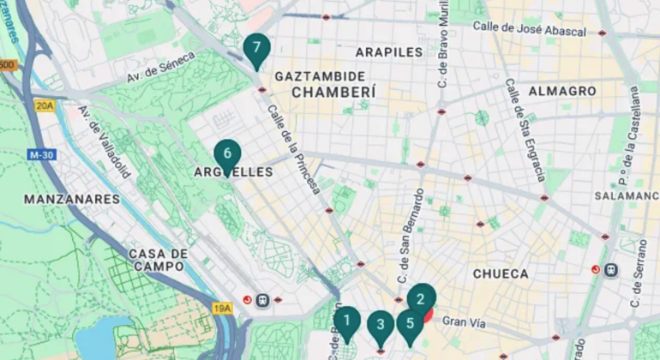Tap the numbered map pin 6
tap(227, 154)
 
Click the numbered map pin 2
tap(421, 299)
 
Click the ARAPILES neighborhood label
tap(389, 51)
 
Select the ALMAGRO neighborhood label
tap(562, 90)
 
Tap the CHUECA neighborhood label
tap(501, 273)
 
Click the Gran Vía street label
tap(463, 322)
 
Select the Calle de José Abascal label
tap(529, 29)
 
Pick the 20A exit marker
tap(45, 105)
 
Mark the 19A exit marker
tap(222, 307)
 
